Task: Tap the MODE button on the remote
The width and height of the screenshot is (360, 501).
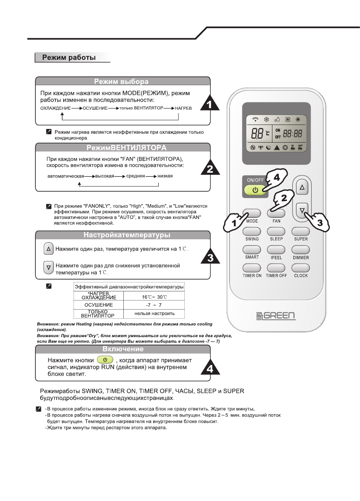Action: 252,213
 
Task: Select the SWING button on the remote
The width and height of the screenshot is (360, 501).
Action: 252,231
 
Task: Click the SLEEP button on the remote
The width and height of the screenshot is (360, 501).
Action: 276,231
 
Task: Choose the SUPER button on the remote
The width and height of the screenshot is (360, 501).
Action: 301,231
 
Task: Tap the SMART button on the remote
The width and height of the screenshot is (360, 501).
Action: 252,249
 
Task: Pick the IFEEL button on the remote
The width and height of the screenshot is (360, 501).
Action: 276,250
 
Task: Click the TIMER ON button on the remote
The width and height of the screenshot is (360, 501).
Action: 252,268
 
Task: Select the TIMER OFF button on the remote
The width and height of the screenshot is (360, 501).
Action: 276,268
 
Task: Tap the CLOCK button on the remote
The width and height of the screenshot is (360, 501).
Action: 301,268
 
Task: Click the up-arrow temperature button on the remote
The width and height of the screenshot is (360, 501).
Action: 303,187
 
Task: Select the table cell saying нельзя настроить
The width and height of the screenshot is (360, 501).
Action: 154,313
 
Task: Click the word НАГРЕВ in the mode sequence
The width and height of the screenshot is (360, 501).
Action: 184,108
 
